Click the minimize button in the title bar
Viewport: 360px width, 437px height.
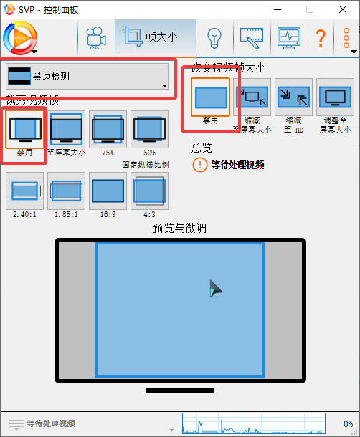coord(276,9)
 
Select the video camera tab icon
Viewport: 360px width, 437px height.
coord(95,37)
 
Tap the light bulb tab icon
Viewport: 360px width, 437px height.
coord(213,37)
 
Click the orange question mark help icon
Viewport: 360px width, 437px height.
coord(321,37)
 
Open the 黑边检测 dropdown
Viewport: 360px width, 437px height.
coord(87,76)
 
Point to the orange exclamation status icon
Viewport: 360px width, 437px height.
coord(200,165)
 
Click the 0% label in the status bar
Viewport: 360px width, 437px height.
coord(347,423)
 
